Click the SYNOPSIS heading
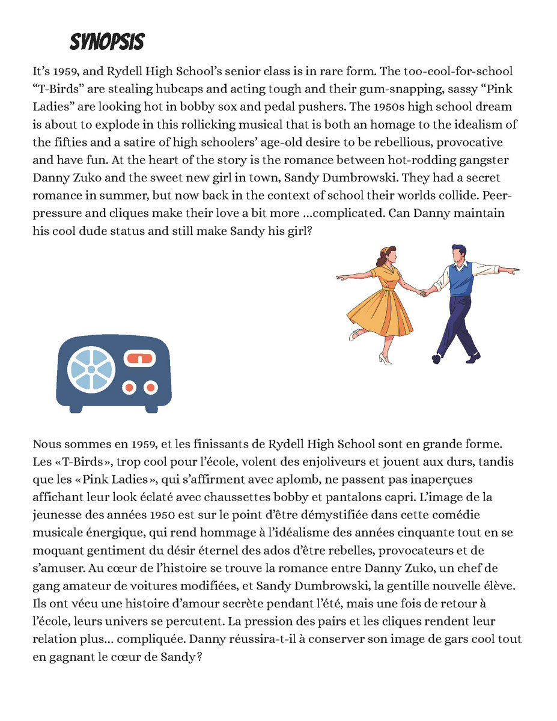tap(107, 42)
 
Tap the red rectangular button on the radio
tap(140, 359)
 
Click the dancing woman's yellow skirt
tap(380, 312)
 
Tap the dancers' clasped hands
tap(426, 293)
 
